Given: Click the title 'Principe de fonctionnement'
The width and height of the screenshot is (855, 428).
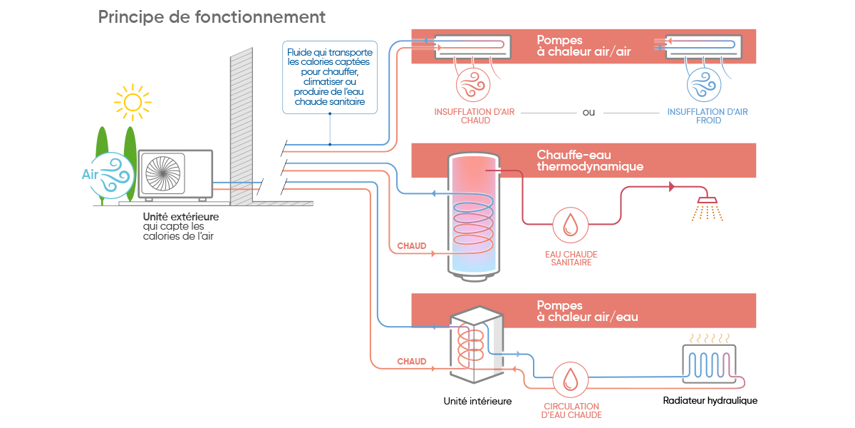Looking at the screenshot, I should (x=212, y=16).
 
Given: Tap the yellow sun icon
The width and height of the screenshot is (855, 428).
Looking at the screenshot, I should (x=132, y=101).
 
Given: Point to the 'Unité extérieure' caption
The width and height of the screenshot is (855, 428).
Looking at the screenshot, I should (x=181, y=217).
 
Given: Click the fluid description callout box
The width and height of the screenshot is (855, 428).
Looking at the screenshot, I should (x=329, y=77).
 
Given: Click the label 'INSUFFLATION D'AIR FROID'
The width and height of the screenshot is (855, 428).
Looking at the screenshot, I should (x=707, y=116).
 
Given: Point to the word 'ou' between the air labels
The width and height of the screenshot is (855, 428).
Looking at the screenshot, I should (x=589, y=112).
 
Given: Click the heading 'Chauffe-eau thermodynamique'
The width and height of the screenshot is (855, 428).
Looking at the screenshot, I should (x=590, y=160).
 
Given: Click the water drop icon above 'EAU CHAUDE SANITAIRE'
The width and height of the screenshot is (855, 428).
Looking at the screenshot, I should (x=570, y=225).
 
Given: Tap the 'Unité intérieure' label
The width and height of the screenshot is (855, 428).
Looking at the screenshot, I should (x=477, y=401).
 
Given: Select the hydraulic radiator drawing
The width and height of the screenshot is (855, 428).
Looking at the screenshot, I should (x=710, y=362).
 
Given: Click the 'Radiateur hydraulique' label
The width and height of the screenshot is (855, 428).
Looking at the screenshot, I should (x=710, y=401).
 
